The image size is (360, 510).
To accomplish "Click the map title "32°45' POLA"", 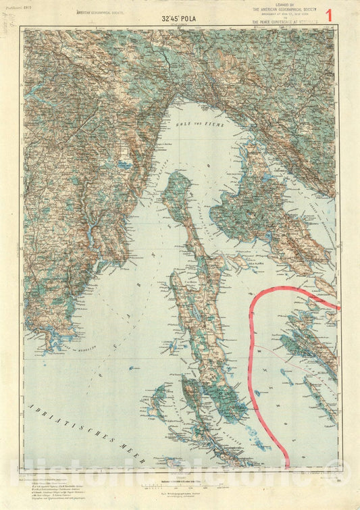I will point(179,19).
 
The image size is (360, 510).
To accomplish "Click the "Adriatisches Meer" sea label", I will point(67,424).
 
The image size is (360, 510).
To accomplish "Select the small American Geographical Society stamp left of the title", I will point(101,12).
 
